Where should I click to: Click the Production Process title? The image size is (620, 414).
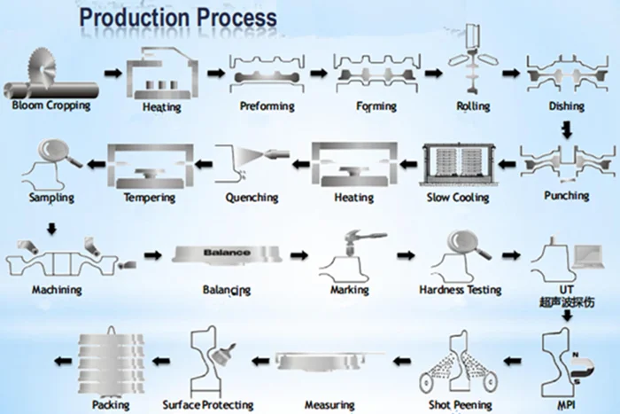(x=177, y=17)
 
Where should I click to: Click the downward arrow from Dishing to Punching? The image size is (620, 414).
(x=567, y=131)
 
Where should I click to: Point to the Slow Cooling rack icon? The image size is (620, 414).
(x=458, y=166)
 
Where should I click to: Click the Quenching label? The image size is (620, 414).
(x=252, y=197)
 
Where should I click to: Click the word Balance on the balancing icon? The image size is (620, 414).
(x=227, y=253)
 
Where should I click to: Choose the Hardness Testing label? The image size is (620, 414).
(x=460, y=290)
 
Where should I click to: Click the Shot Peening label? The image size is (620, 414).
(x=458, y=405)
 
